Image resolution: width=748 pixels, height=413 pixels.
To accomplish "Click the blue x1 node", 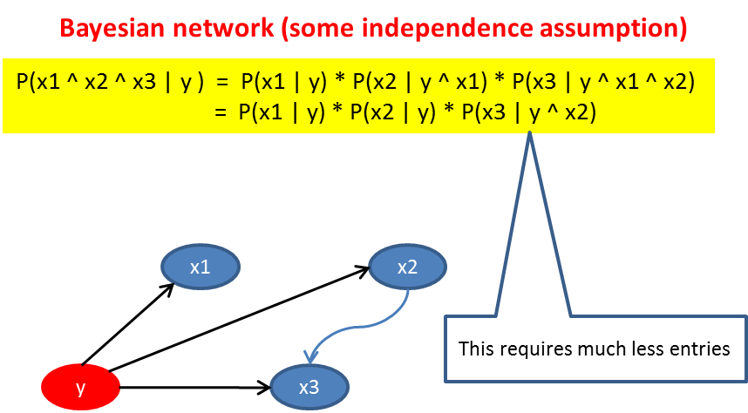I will (x=201, y=267).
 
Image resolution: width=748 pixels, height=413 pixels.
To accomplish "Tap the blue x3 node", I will (x=309, y=386).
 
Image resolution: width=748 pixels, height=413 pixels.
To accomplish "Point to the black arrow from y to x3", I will (x=192, y=384).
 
